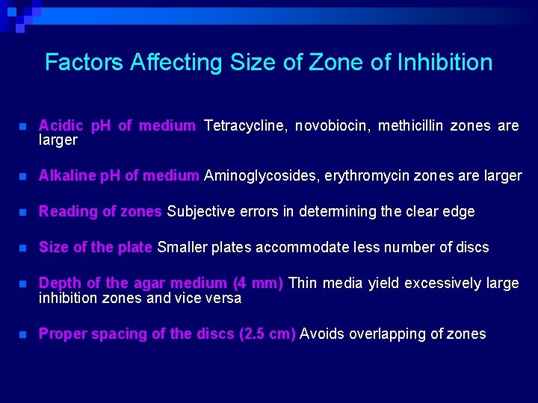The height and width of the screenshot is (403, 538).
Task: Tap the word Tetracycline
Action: (244, 126)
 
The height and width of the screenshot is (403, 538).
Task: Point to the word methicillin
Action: (415, 126)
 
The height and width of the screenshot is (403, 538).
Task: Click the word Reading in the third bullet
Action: (66, 212)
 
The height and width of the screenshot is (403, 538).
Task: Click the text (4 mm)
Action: (258, 284)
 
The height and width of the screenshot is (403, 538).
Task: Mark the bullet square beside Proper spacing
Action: (24, 335)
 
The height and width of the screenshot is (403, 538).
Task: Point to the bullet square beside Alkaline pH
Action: (24, 177)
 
